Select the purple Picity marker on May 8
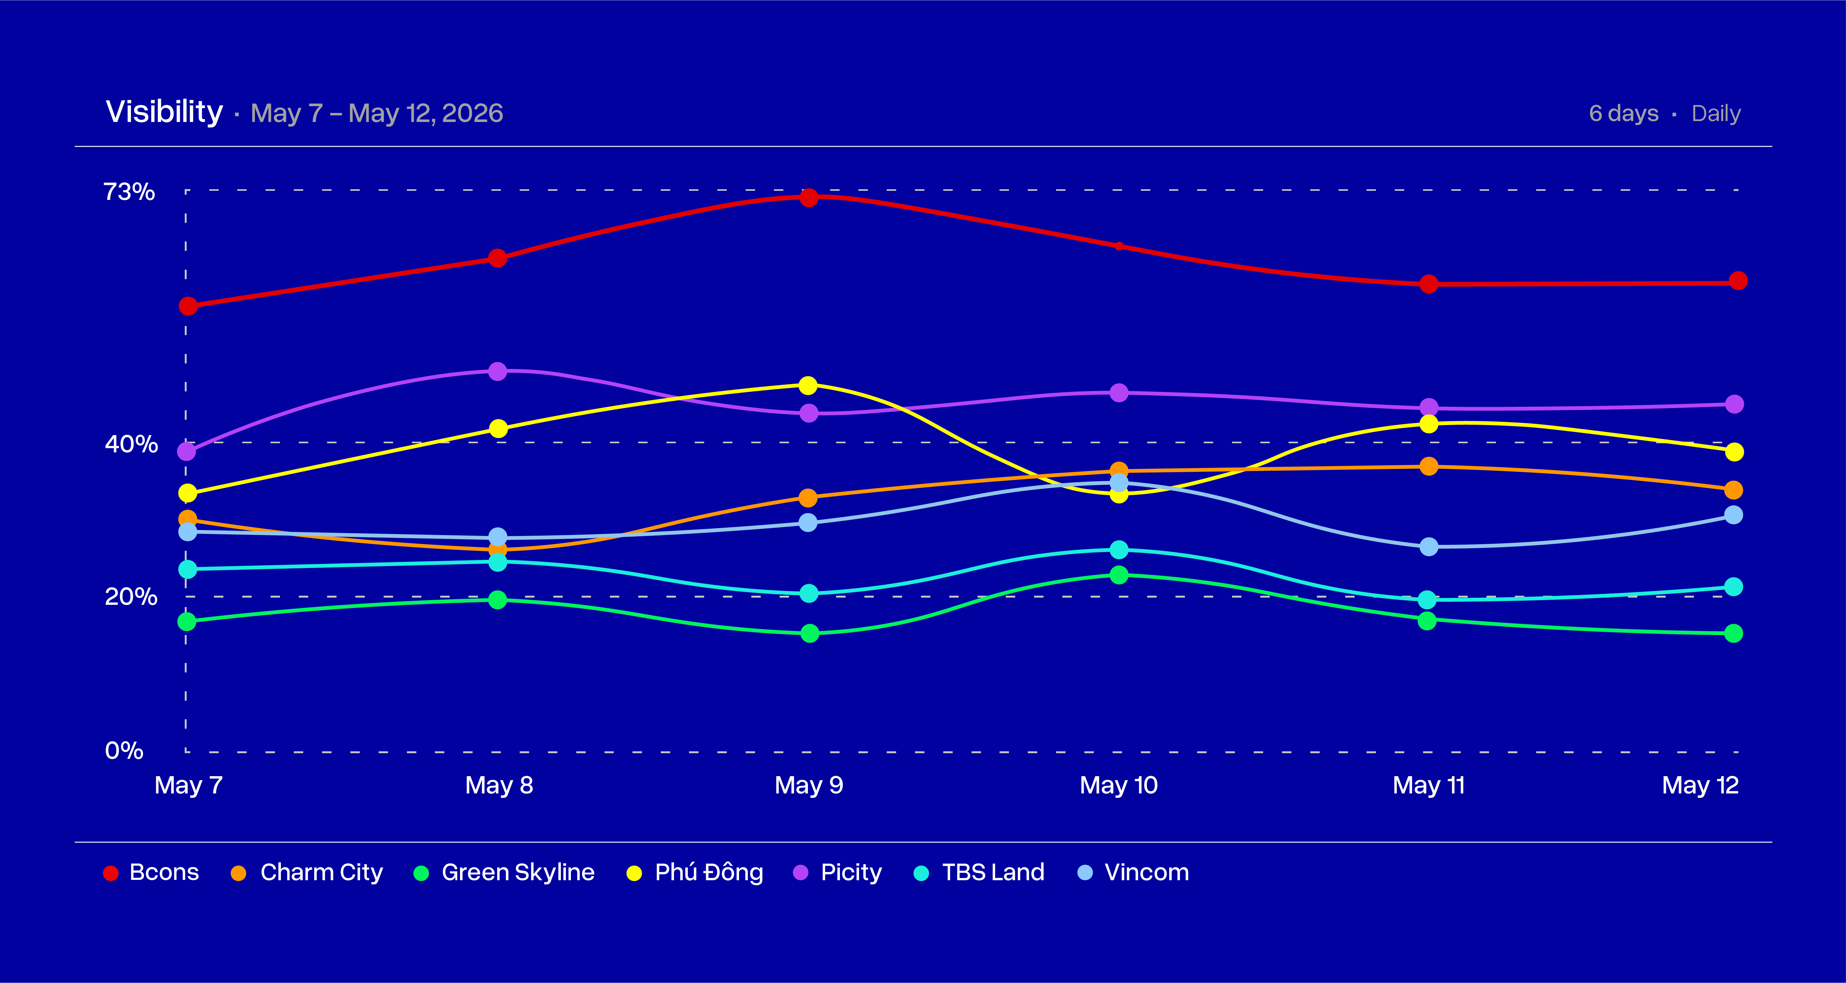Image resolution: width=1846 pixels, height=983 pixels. click(497, 371)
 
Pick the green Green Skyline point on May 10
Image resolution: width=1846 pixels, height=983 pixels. click(1119, 575)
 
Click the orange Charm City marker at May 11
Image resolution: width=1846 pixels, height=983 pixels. click(1429, 467)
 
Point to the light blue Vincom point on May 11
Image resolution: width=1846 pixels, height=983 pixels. click(1429, 547)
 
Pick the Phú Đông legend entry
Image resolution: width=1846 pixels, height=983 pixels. click(695, 873)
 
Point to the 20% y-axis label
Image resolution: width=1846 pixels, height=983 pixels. click(131, 597)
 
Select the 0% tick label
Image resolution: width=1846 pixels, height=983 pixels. click(124, 751)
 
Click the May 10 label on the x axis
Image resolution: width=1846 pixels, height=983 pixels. click(1119, 786)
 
